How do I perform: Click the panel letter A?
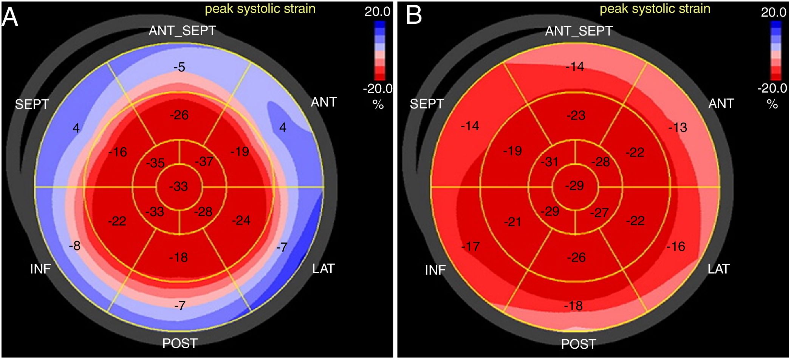(10, 17)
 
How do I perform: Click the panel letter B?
(413, 15)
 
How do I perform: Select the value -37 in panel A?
(204, 161)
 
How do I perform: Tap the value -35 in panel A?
(155, 163)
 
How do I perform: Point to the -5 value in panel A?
(180, 67)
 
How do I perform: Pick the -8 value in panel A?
(75, 246)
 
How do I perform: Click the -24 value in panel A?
(241, 220)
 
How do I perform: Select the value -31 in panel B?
(549, 162)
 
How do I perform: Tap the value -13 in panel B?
(678, 127)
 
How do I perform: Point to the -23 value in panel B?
(576, 115)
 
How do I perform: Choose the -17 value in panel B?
(471, 247)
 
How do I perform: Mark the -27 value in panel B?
(599, 213)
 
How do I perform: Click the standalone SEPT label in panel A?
(32, 104)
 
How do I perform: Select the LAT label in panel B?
(718, 269)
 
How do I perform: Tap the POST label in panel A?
(180, 343)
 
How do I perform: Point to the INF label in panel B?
(435, 270)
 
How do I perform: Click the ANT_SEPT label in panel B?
(579, 31)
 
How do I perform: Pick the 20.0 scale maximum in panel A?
(377, 12)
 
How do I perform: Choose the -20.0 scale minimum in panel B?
(772, 88)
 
